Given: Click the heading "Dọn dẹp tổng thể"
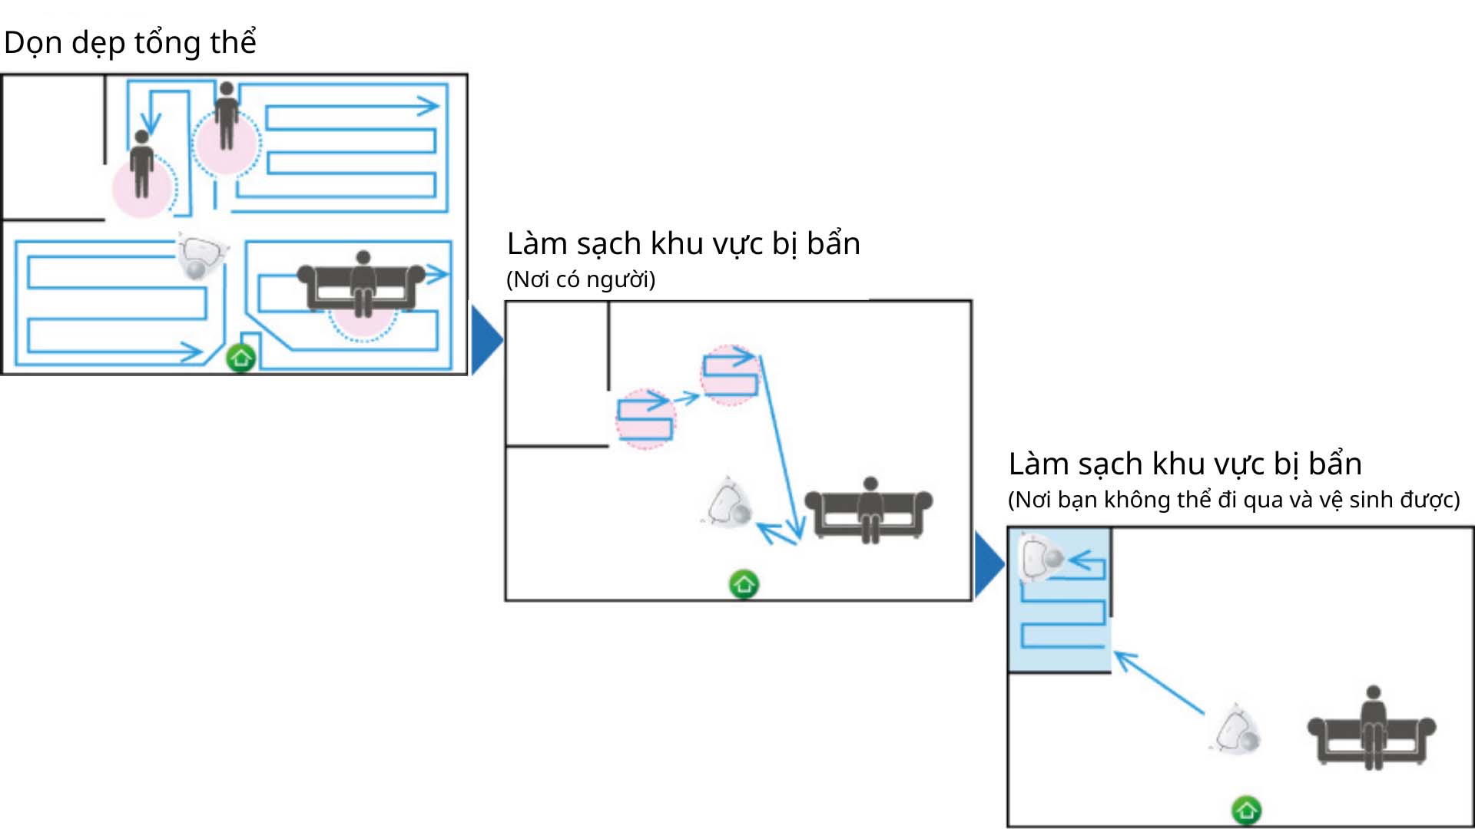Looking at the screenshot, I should point(130,42).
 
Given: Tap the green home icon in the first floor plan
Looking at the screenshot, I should point(240,358).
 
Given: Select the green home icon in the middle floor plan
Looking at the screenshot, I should point(744,585).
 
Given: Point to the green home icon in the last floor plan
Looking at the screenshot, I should point(1246,810).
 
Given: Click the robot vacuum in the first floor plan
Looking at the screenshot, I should point(201,257).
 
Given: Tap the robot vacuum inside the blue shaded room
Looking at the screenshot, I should point(1039,558).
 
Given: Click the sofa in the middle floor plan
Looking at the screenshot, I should point(869,511).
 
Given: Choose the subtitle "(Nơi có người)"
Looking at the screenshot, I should point(581,279).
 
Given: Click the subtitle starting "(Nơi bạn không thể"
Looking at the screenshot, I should point(1233,500).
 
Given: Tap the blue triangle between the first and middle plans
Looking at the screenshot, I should point(485,339).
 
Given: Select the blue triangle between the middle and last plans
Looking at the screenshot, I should point(988,564).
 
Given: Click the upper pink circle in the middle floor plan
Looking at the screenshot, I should point(729,375).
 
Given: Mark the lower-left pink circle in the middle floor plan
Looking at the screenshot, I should point(645,419).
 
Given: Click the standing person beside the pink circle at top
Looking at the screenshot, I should point(226,115).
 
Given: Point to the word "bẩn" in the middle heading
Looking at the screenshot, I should point(833,243).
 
